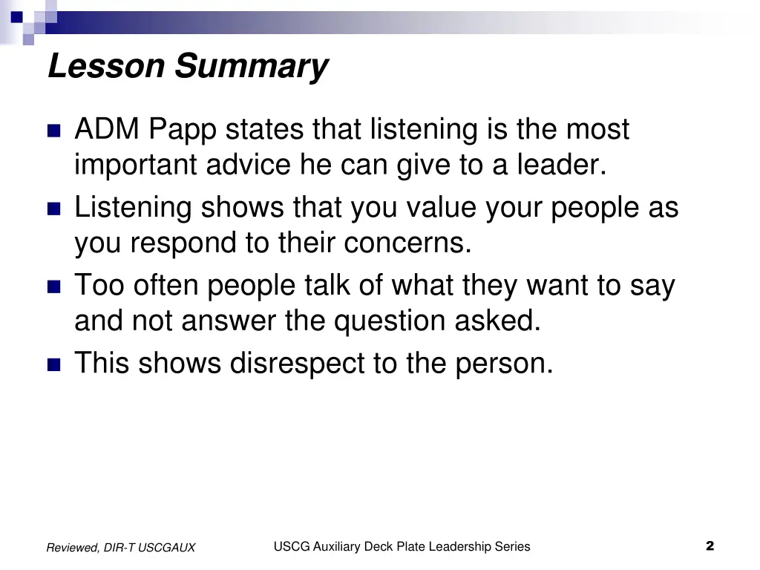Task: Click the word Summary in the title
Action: point(251,68)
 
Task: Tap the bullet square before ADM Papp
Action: point(53,131)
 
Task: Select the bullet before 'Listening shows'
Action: point(53,209)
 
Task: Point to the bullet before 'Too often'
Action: point(53,286)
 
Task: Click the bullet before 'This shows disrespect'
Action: point(53,364)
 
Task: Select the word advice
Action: point(249,165)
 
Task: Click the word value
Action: point(442,208)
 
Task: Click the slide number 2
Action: point(710,546)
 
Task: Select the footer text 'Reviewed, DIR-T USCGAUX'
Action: point(121,548)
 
